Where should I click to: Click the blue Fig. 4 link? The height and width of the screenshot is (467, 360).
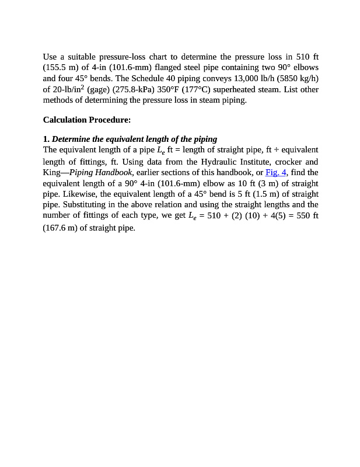point(275,172)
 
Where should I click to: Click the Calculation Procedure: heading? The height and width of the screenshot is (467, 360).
point(86,120)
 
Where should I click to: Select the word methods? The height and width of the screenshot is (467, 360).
point(58,100)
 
